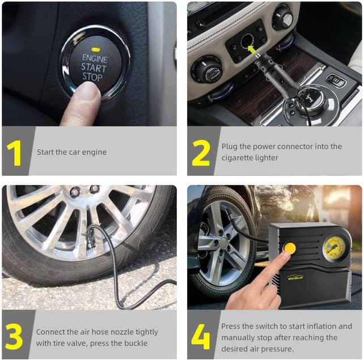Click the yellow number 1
[x=15, y=152]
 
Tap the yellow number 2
[x=201, y=152]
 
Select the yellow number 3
[x=14, y=336]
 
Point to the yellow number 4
[x=200, y=336]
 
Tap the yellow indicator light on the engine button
[x=94, y=47]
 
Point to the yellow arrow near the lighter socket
[x=252, y=50]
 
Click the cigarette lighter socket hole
[x=247, y=40]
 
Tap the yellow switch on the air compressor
[x=290, y=248]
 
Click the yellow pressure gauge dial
[x=334, y=248]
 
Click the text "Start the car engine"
[x=71, y=152]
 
